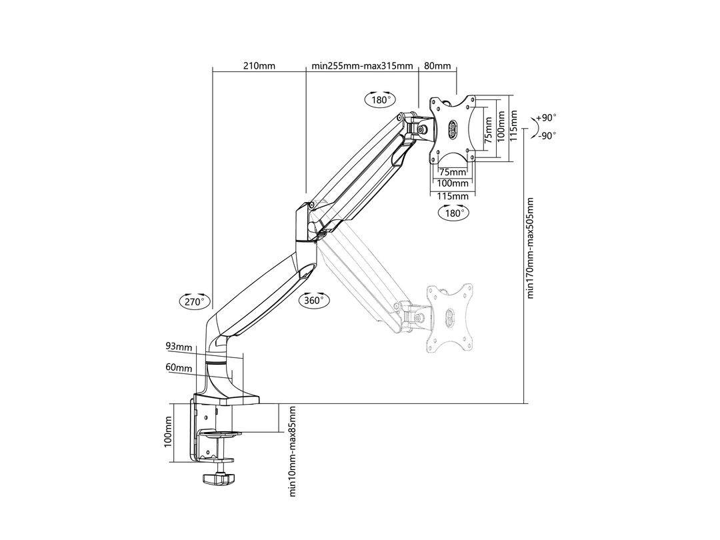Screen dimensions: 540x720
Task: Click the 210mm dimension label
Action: [x=259, y=66]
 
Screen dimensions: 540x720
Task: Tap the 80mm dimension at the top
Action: [x=437, y=66]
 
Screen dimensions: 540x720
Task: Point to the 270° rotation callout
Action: [x=193, y=301]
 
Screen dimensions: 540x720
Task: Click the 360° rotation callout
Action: [x=314, y=301]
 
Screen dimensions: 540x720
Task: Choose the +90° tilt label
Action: [x=547, y=117]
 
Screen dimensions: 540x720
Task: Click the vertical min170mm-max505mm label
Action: [x=531, y=248]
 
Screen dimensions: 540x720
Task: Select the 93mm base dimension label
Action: [x=179, y=347]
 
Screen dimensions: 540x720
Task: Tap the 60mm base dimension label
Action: [x=179, y=367]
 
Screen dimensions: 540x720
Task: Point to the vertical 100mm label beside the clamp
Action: [x=168, y=433]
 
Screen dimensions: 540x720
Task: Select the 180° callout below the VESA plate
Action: [x=453, y=213]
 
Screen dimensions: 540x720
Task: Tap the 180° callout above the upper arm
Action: [x=380, y=100]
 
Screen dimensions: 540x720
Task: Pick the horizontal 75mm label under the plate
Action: [x=452, y=172]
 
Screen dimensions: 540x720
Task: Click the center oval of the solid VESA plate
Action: [x=453, y=129]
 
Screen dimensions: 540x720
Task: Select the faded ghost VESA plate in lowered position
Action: [x=453, y=318]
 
